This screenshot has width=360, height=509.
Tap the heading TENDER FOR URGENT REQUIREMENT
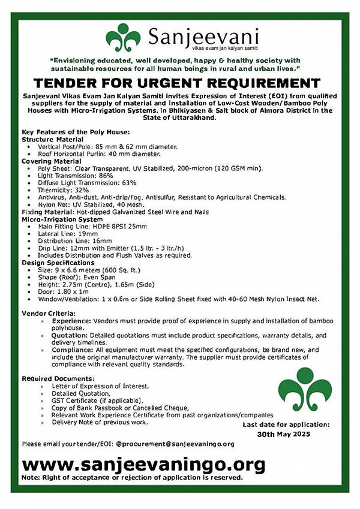179,83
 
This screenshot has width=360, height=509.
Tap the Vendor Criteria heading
49,314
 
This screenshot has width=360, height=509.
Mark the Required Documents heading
58,379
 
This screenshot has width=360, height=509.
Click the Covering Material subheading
52,162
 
